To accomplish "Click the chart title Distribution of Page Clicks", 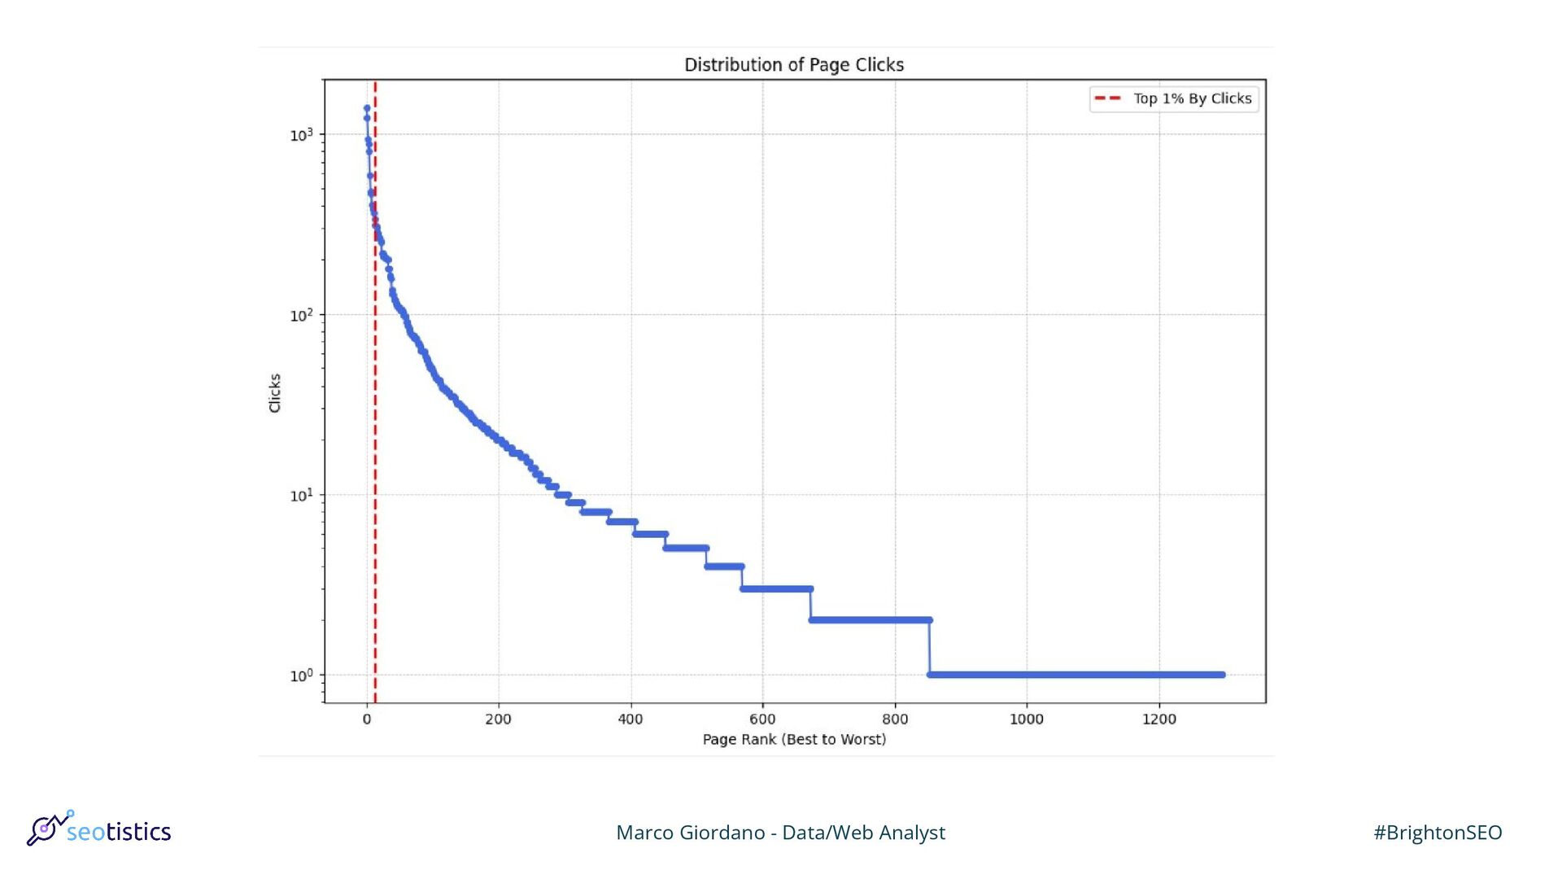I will (x=793, y=65).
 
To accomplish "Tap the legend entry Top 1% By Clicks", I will (x=1192, y=98).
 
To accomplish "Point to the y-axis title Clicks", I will (x=275, y=392).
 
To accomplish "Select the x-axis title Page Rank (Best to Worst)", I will (x=794, y=739).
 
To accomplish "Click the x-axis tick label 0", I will (x=367, y=719).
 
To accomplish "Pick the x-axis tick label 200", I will (x=498, y=719).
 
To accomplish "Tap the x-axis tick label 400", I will (x=630, y=719).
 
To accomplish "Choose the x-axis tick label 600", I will (x=762, y=719).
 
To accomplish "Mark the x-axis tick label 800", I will (x=895, y=719).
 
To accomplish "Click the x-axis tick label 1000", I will (x=1026, y=719).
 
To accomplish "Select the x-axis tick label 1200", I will (x=1158, y=719).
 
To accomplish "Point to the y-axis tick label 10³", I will (x=301, y=134).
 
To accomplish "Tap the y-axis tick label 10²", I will (x=301, y=315).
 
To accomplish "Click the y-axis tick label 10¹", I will (x=301, y=495).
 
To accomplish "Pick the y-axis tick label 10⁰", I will (x=301, y=676).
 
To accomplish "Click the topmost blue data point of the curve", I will (x=367, y=107).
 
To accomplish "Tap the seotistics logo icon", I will (x=47, y=829).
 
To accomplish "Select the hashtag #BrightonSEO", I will (x=1438, y=833).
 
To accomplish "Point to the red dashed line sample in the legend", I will (x=1108, y=98).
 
